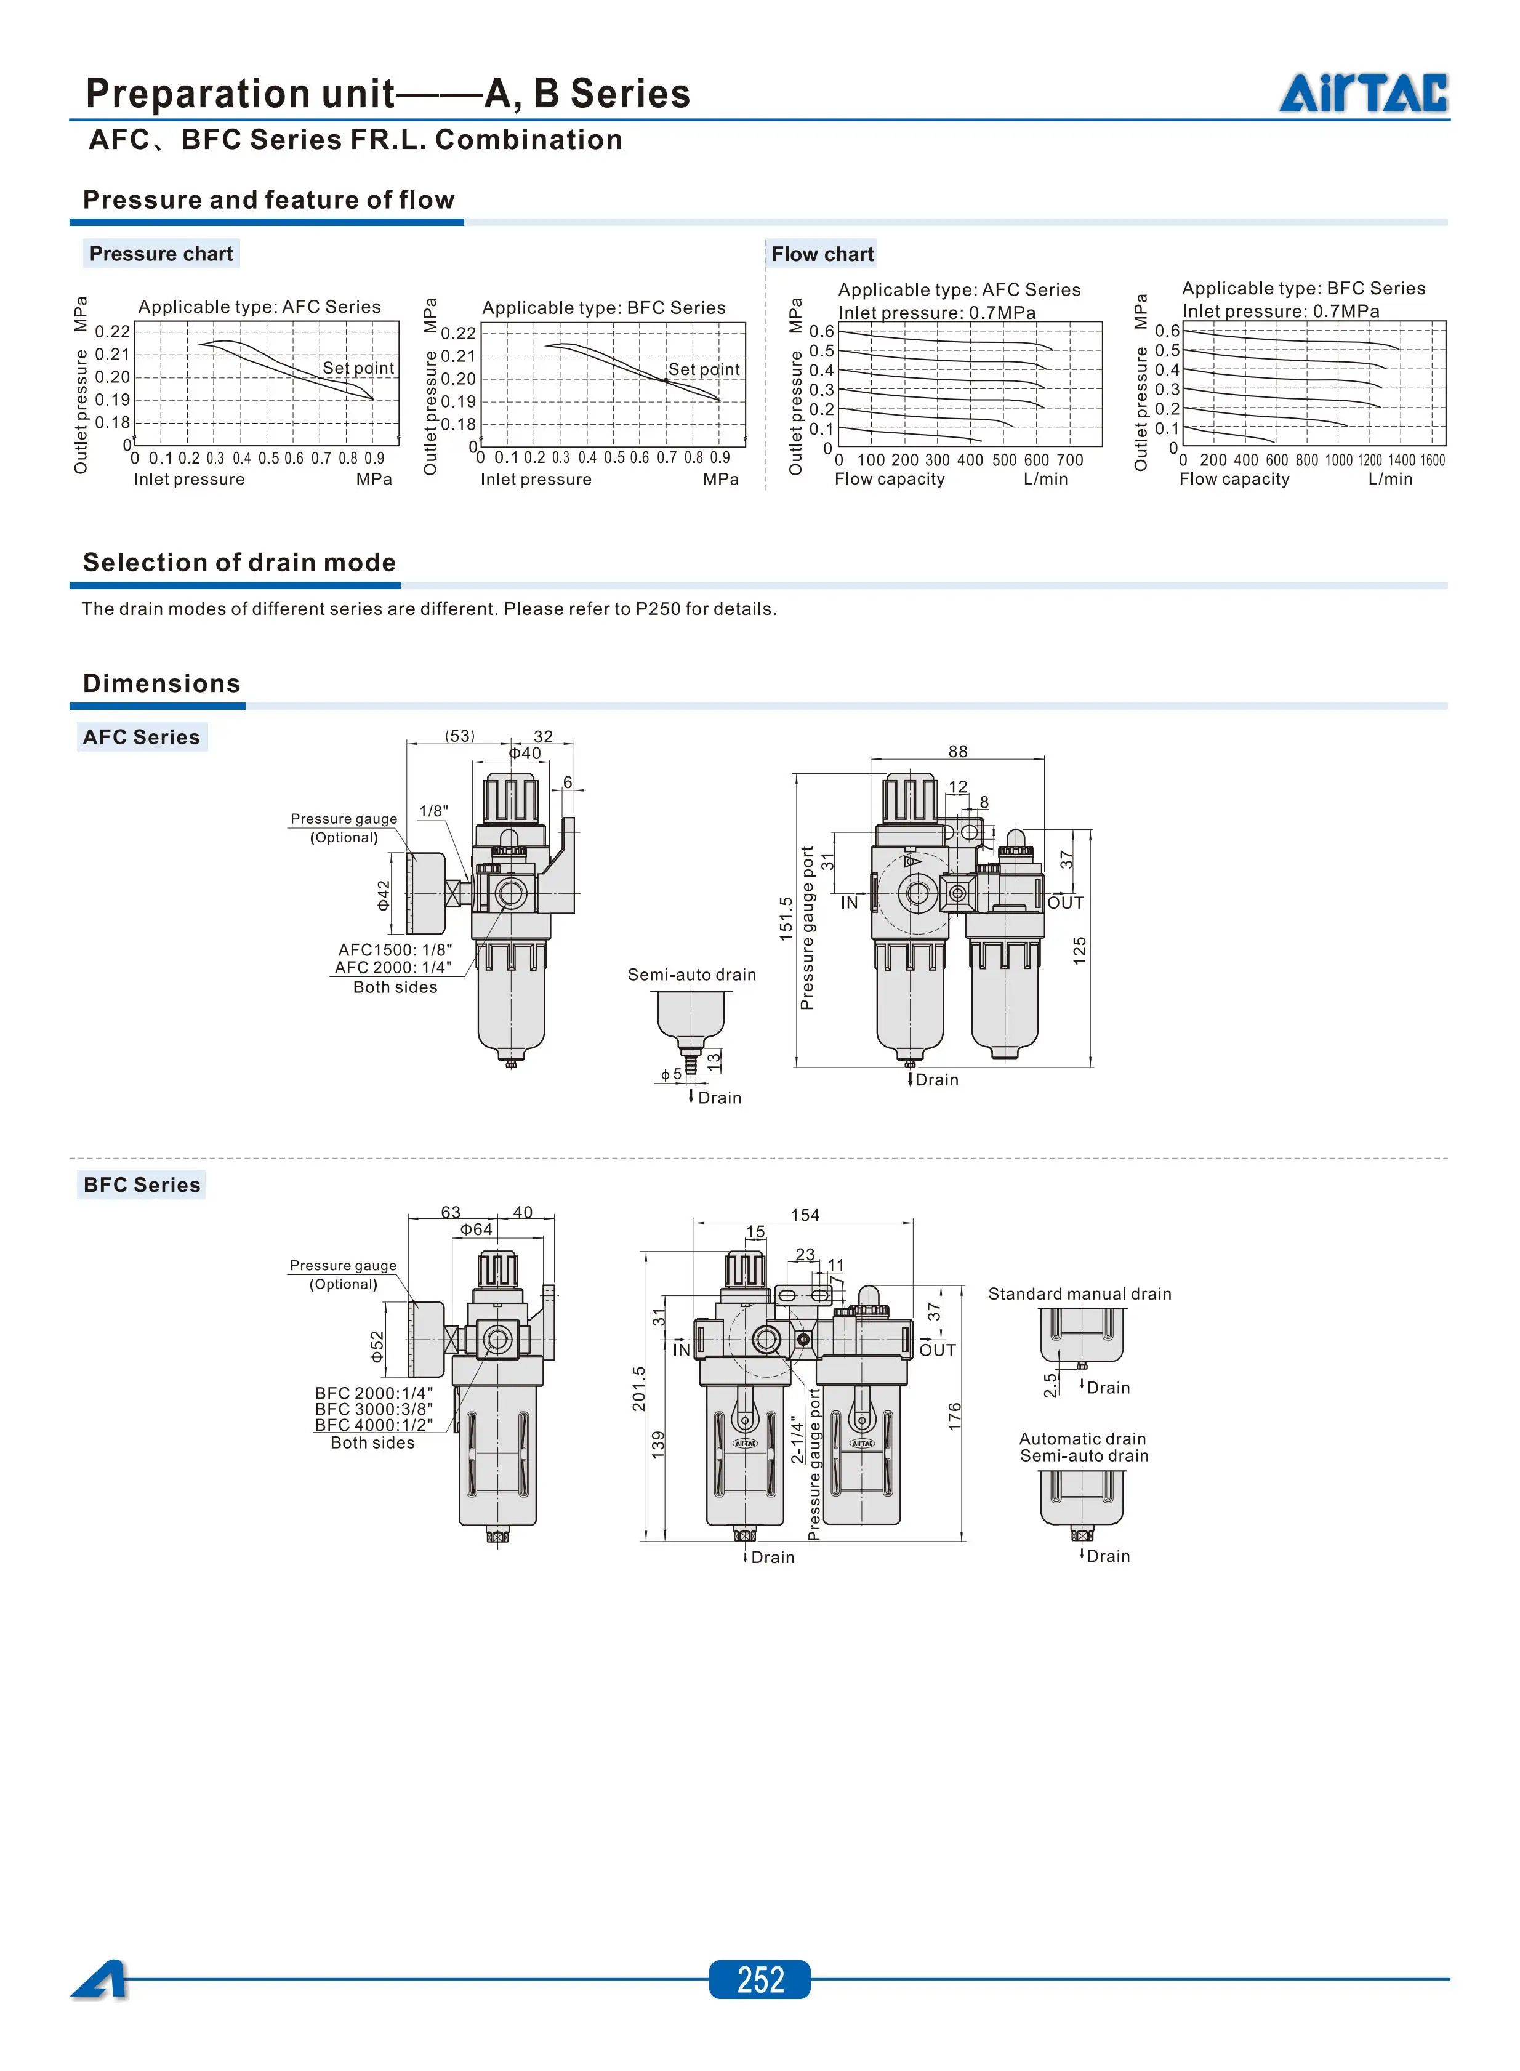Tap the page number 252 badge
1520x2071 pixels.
759,1979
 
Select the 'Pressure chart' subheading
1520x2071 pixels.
161,254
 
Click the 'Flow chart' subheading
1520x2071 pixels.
822,254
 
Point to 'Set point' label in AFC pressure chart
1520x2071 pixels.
358,368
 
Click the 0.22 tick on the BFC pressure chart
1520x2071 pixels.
458,333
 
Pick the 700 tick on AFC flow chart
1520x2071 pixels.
1069,460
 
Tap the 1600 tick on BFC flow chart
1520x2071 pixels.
1433,460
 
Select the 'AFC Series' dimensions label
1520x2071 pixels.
142,737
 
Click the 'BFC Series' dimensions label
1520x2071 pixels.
142,1184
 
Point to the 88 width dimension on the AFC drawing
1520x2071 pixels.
958,752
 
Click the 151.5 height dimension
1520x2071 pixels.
786,918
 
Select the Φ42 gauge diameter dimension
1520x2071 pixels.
384,895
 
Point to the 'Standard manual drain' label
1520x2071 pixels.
1079,1293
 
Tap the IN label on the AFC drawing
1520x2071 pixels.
848,903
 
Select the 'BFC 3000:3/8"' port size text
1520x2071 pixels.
374,1409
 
